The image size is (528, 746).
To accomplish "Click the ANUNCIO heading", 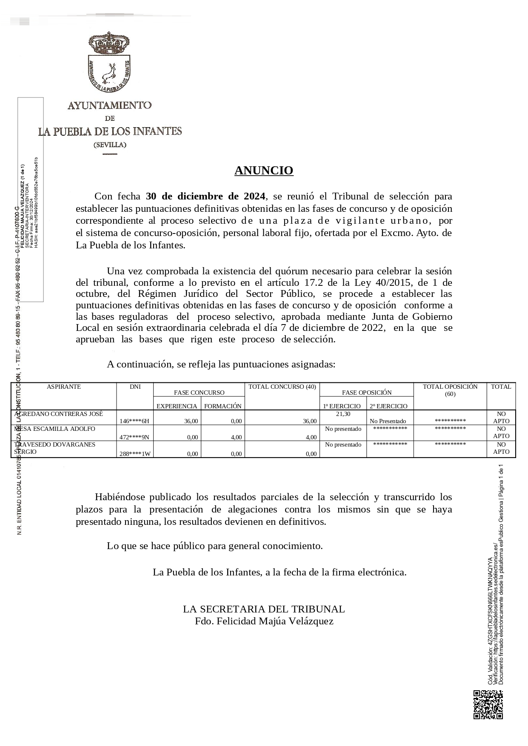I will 264,171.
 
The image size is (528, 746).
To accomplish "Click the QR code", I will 488,705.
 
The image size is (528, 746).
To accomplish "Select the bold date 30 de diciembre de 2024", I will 205,196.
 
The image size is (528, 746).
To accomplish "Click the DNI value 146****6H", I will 134,421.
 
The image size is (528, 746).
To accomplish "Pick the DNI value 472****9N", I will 134,437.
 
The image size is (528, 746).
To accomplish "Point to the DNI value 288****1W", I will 134,454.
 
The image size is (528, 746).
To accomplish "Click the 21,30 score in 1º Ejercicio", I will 343,414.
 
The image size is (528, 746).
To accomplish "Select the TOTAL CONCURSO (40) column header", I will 282,387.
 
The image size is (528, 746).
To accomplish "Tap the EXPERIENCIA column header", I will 177,406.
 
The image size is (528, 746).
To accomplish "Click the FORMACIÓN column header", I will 223,406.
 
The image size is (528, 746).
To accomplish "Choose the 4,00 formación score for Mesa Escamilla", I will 236,437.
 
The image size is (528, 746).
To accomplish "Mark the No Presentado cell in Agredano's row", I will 388,421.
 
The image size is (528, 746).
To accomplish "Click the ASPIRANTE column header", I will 64,387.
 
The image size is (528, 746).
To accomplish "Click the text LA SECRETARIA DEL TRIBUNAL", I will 264,609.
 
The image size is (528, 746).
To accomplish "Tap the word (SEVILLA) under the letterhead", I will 110,145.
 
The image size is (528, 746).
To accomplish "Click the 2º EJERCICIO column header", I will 388,406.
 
